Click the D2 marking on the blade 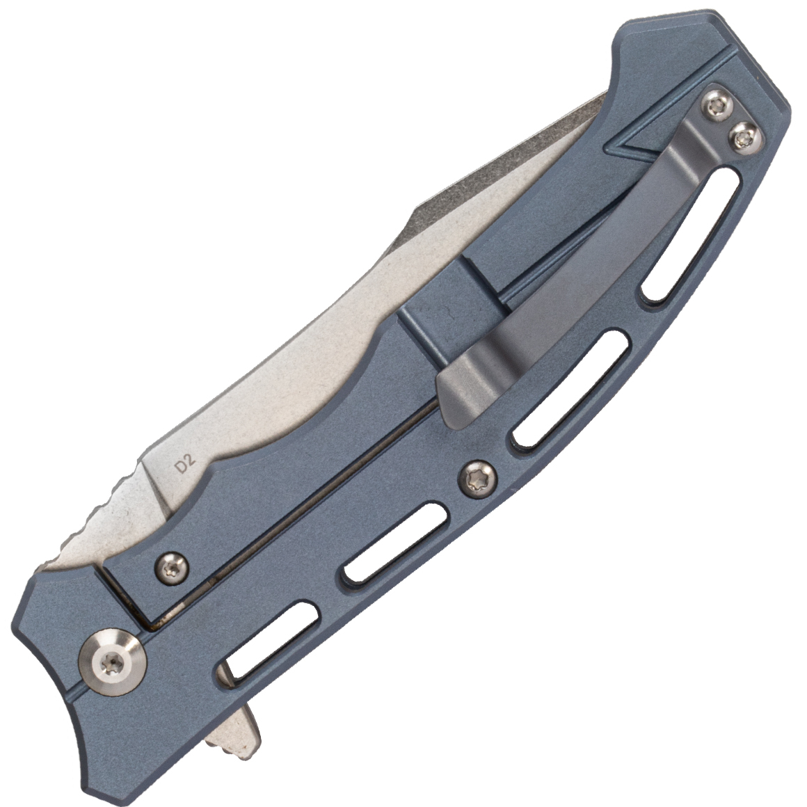186,466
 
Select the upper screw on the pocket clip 717,107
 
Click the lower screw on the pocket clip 744,137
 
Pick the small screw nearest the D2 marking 171,567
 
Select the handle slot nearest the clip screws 692,235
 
